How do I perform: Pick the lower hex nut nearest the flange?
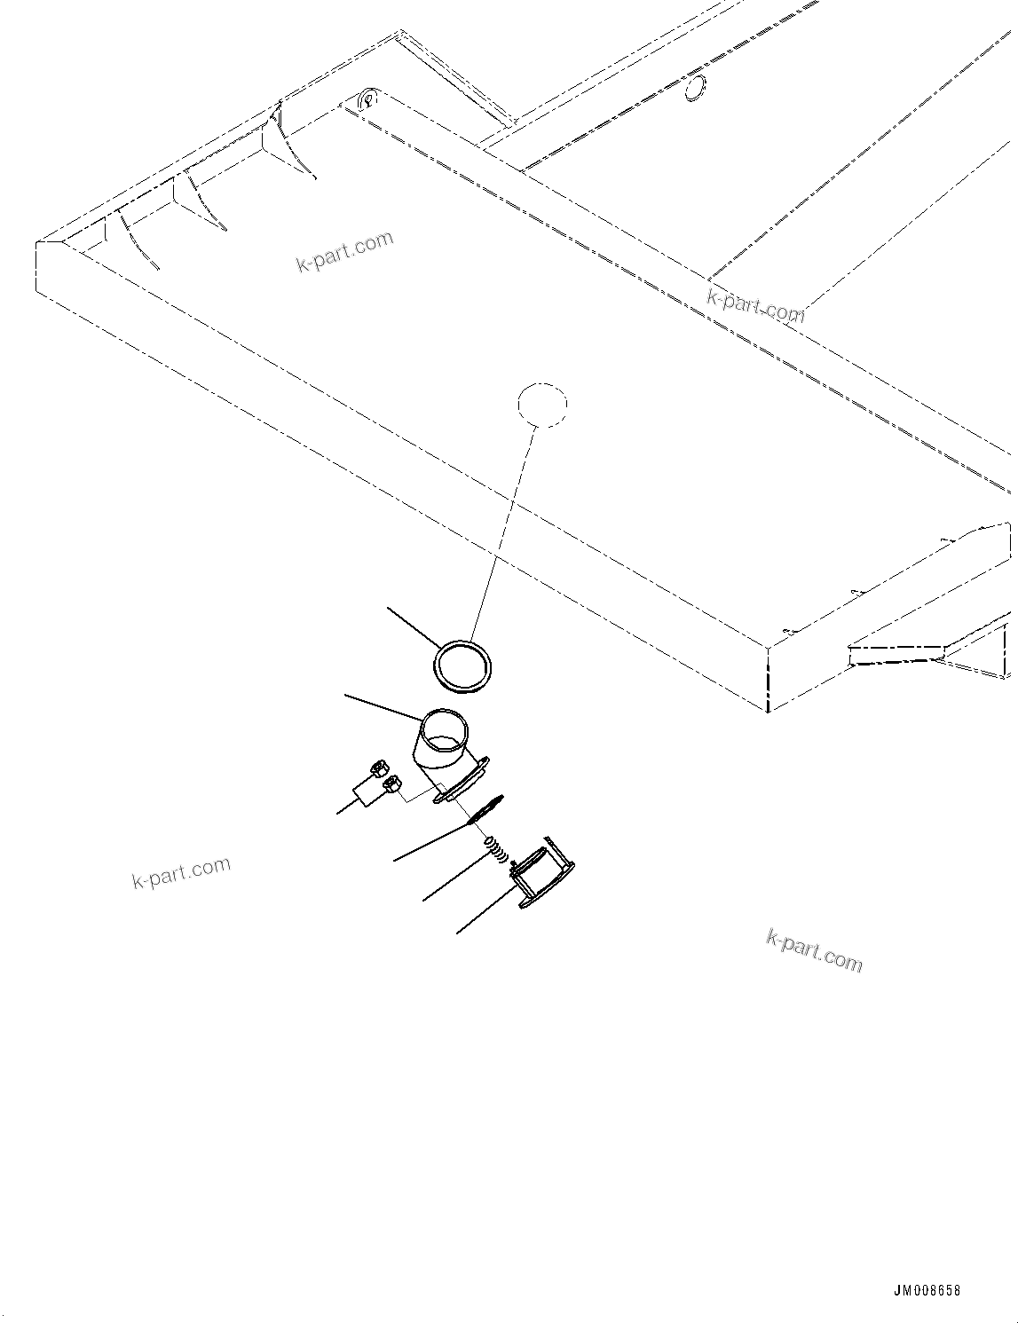click(x=391, y=784)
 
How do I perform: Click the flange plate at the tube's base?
click(x=460, y=782)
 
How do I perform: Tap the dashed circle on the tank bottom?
click(x=542, y=405)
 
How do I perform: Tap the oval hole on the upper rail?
click(x=696, y=87)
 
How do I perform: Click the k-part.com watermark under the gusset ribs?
click(x=344, y=250)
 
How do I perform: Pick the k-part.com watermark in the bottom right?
click(x=813, y=950)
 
